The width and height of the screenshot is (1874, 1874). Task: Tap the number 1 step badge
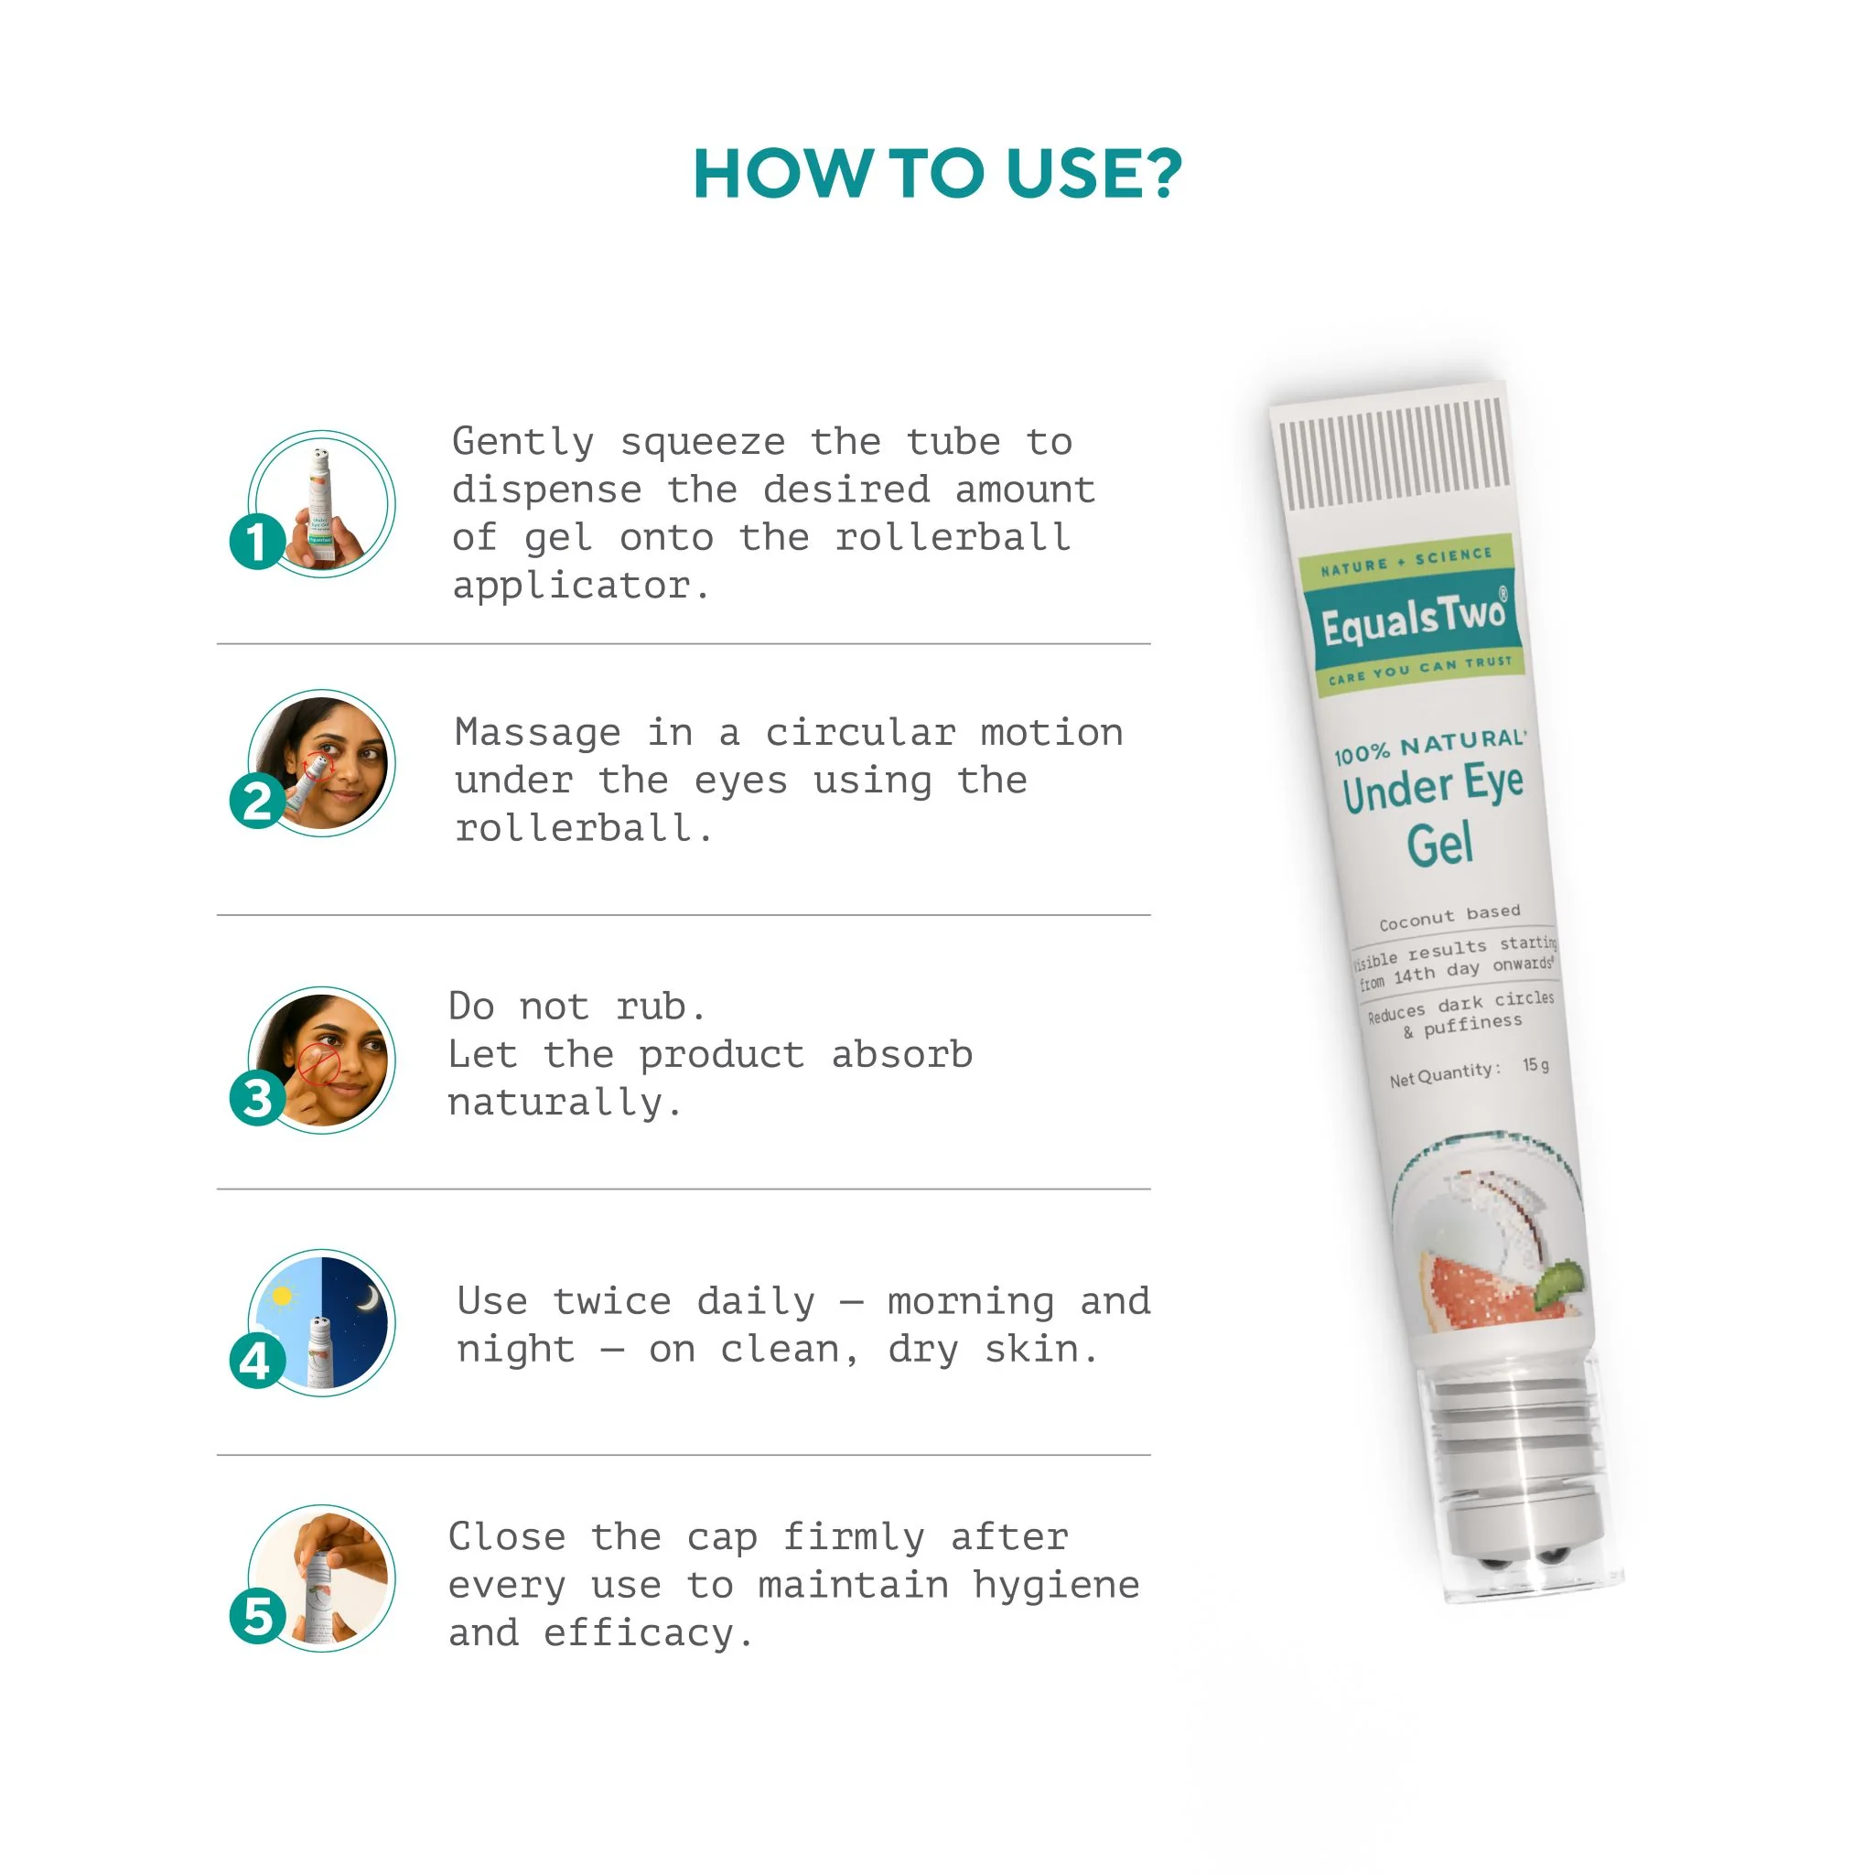[257, 542]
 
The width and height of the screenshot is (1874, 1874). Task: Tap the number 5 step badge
[257, 1617]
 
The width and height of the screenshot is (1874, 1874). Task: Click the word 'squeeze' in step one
[702, 443]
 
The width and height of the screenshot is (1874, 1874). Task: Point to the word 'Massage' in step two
[537, 733]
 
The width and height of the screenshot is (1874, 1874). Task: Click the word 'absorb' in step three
[901, 1054]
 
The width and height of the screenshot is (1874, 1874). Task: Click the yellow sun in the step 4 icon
[282, 1296]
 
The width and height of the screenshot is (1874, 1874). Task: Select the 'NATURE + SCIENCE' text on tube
[1405, 562]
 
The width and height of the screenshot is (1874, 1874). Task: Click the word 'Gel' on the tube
[1440, 844]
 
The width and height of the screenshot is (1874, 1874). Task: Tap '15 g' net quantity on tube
[1535, 1066]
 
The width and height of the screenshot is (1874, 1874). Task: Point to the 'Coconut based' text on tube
[1449, 917]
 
